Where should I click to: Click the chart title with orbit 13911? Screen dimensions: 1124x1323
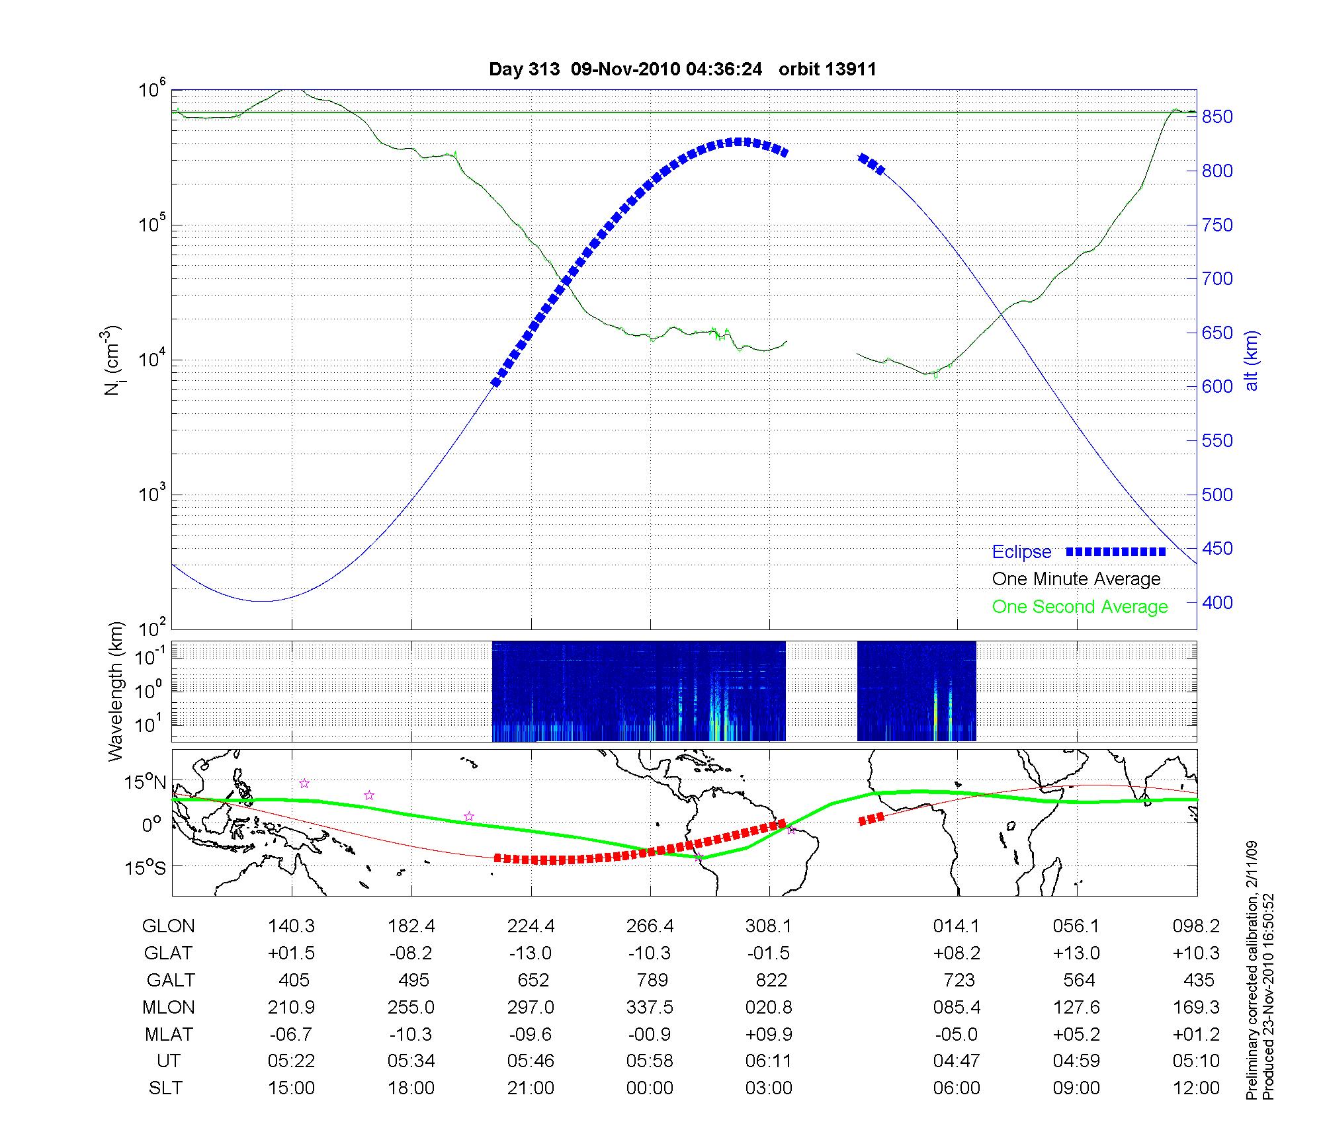pyautogui.click(x=682, y=69)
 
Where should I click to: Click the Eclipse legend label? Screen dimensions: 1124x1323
pyautogui.click(x=1021, y=552)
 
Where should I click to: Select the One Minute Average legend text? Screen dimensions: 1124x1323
pyautogui.click(x=1076, y=579)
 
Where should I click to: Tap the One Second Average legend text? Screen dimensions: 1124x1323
pyautogui.click(x=1080, y=607)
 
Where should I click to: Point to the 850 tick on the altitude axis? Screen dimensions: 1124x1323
pyautogui.click(x=1218, y=117)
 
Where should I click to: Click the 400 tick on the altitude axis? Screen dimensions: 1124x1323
pyautogui.click(x=1218, y=603)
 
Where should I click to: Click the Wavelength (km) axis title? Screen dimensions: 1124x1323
pyautogui.click(x=116, y=691)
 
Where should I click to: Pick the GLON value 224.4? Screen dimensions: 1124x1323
pyautogui.click(x=531, y=926)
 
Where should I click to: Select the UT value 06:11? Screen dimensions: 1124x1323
pyautogui.click(x=768, y=1061)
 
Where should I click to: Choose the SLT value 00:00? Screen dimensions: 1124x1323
pyautogui.click(x=650, y=1088)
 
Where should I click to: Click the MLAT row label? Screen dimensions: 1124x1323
pyautogui.click(x=169, y=1034)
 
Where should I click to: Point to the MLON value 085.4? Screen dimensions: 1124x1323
pyautogui.click(x=957, y=1008)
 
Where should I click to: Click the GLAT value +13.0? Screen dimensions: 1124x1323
pyautogui.click(x=1076, y=953)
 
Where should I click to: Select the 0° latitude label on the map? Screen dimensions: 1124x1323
pyautogui.click(x=152, y=824)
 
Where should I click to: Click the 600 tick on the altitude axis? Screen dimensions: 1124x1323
pyautogui.click(x=1218, y=387)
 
